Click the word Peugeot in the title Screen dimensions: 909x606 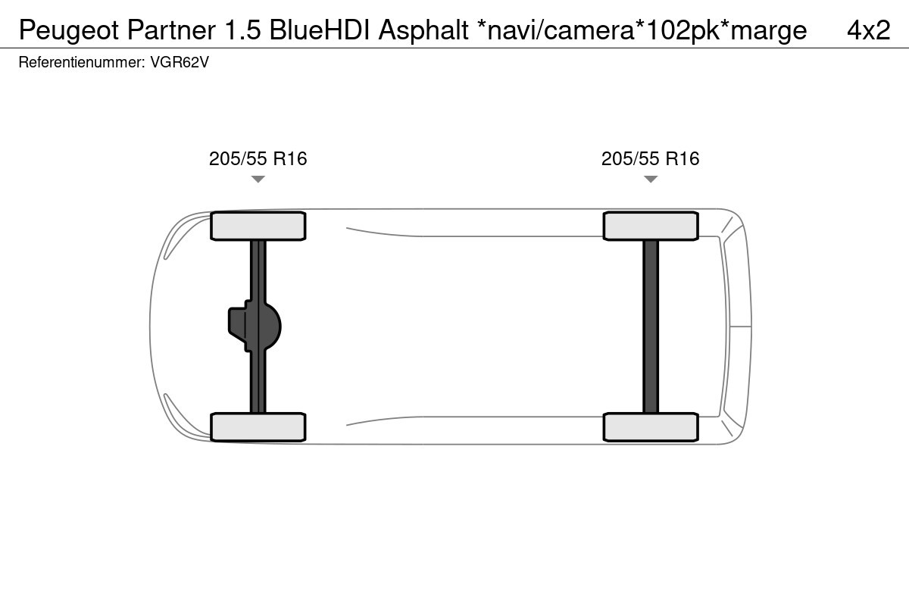[x=69, y=31]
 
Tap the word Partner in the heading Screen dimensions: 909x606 [x=171, y=30]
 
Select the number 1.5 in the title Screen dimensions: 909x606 [x=242, y=30]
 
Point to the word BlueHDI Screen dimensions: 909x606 [x=320, y=30]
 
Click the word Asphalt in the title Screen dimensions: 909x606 [x=423, y=31]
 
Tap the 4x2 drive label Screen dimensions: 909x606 [x=868, y=30]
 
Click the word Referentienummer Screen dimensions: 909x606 [x=82, y=62]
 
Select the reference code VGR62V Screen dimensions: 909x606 [x=180, y=62]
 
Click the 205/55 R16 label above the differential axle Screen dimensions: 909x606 [x=258, y=158]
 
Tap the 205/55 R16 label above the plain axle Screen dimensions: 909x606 [x=651, y=158]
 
